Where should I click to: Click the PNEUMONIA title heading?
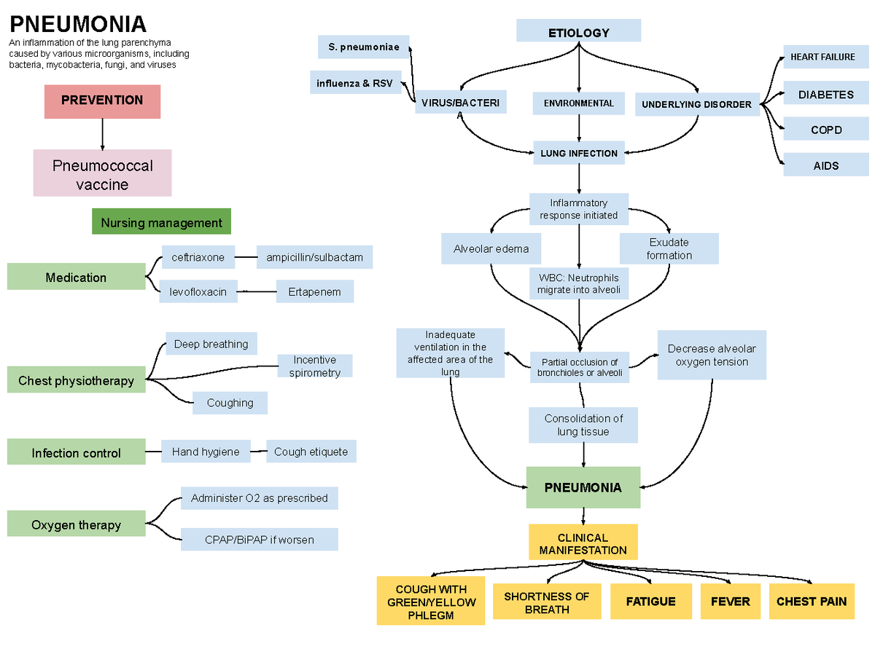click(77, 25)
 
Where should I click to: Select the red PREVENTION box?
click(102, 101)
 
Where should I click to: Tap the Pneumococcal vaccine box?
click(102, 173)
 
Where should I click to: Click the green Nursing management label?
click(161, 222)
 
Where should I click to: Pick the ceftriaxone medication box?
click(198, 257)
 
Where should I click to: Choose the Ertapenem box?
click(314, 292)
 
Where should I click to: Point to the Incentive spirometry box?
click(314, 366)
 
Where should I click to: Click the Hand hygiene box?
click(205, 452)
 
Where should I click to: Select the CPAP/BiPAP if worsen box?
click(259, 540)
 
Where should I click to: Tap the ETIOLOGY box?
click(578, 32)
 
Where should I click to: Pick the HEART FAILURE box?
click(822, 57)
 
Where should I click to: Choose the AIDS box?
click(826, 165)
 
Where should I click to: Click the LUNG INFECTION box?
click(578, 154)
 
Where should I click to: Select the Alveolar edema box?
click(491, 248)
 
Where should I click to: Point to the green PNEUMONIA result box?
click(583, 487)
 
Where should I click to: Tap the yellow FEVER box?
click(730, 602)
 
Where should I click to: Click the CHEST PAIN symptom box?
click(811, 602)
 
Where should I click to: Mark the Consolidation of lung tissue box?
click(583, 425)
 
